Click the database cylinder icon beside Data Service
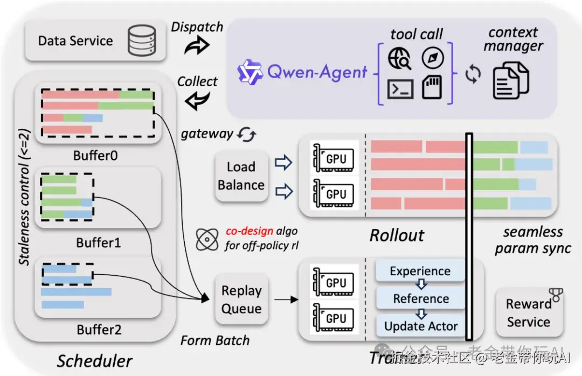pos(141,41)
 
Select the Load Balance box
pos(241,176)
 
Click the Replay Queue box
pos(241,300)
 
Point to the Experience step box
pos(420,271)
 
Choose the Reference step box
pos(420,298)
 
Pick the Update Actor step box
pos(420,326)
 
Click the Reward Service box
pos(529,312)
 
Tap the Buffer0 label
pos(95,156)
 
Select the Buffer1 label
pos(98,242)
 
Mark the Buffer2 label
pos(99,329)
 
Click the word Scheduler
pos(94,360)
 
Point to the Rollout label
pos(397,235)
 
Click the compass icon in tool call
pos(433,59)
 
